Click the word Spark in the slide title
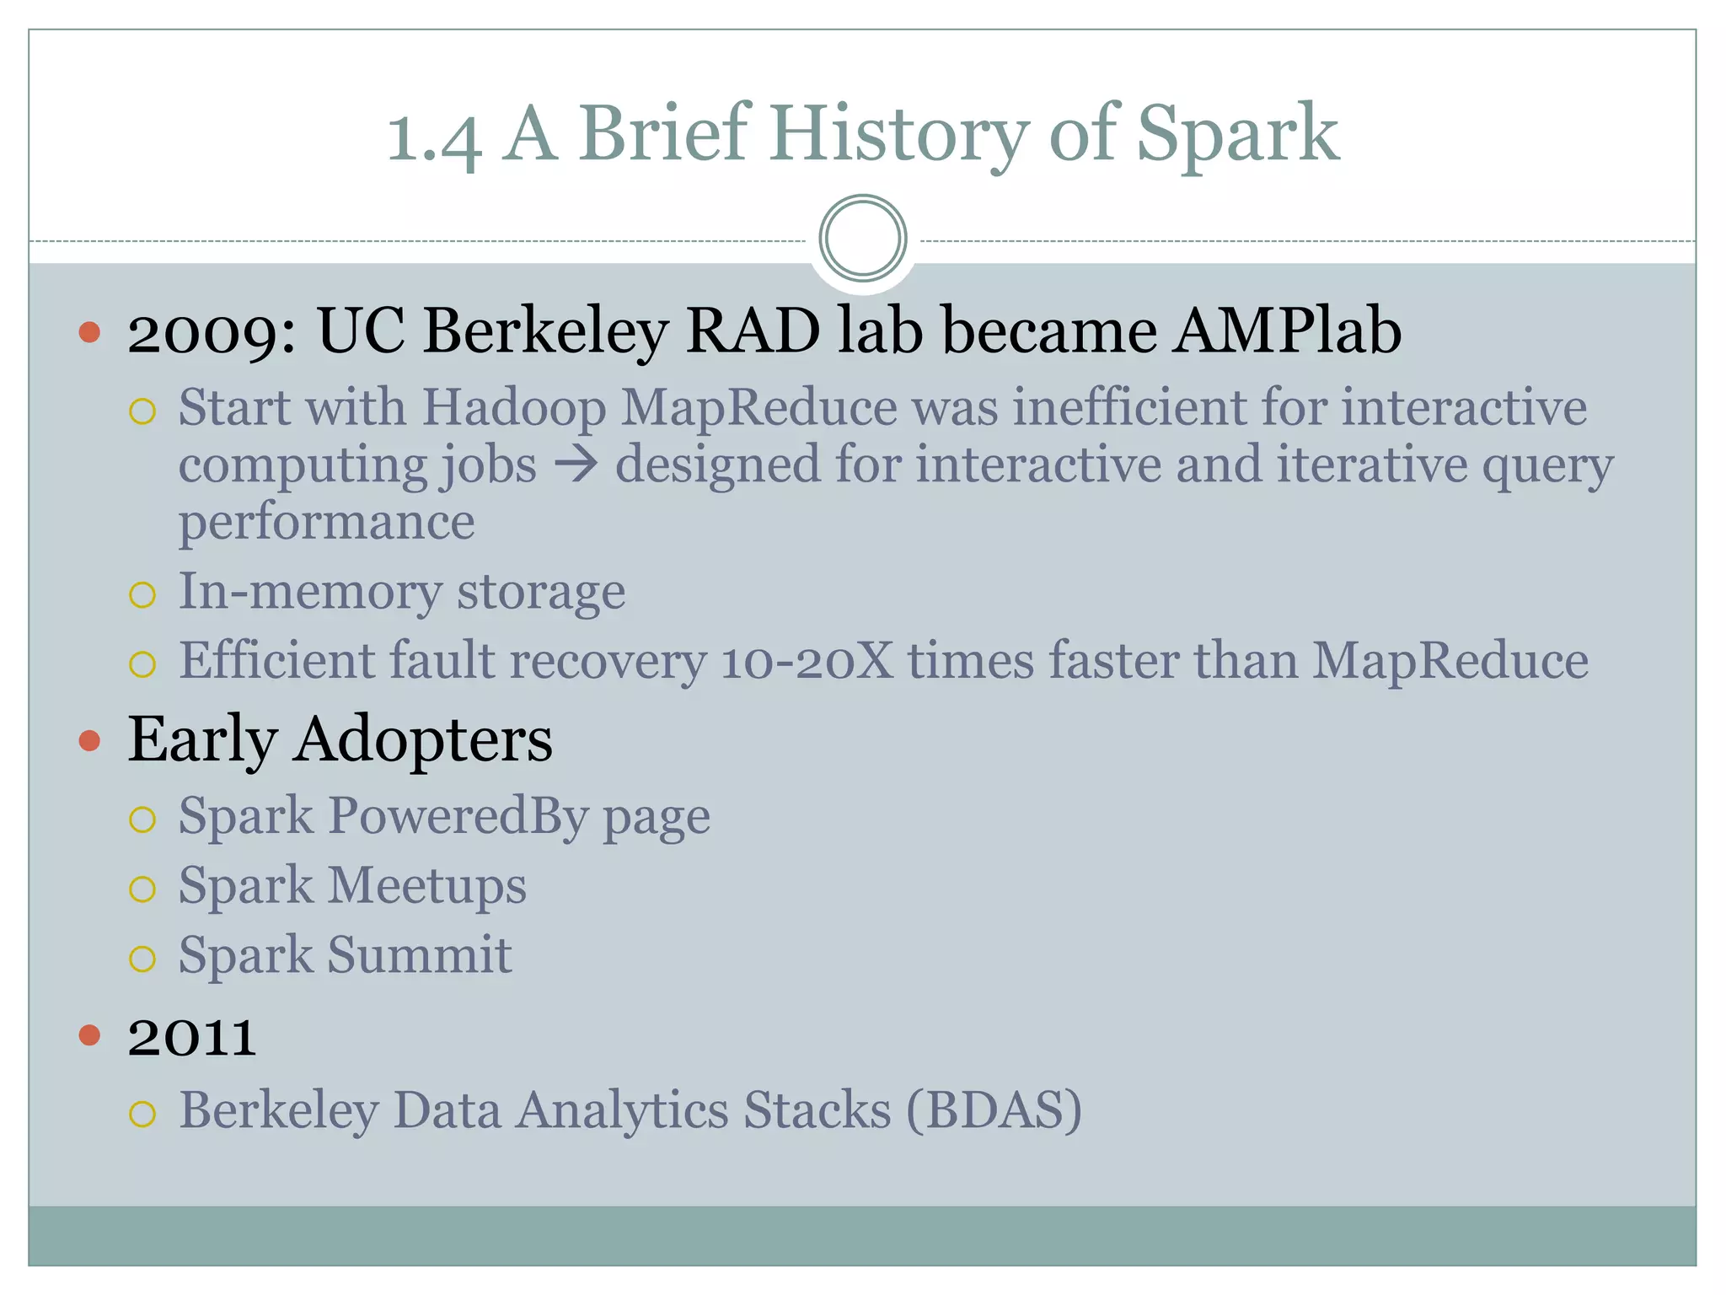click(x=1236, y=135)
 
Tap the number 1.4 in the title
click(x=434, y=137)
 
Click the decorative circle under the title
click(x=862, y=239)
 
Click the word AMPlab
click(x=1287, y=330)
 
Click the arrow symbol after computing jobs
click(x=576, y=464)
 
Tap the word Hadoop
click(x=513, y=407)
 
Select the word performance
click(x=326, y=523)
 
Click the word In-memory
click(x=309, y=591)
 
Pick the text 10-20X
click(x=807, y=660)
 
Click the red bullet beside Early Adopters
click(x=89, y=741)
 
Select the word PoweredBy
click(x=458, y=816)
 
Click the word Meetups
click(x=426, y=885)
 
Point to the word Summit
click(x=419, y=954)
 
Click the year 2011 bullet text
click(x=192, y=1036)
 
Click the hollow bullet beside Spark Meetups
click(x=142, y=889)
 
